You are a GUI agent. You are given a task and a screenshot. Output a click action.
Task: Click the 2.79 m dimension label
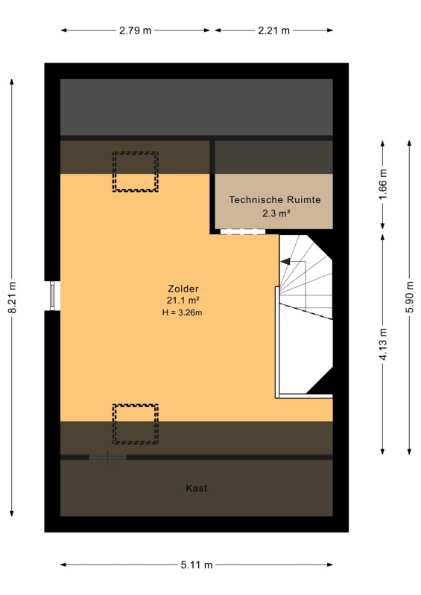tap(135, 30)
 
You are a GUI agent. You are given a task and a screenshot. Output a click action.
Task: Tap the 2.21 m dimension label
tap(273, 30)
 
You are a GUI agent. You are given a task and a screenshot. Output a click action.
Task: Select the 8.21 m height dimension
tap(13, 297)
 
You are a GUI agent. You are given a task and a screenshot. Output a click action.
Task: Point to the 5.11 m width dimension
tap(197, 565)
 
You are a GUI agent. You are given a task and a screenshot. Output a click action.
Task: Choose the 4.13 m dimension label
tap(383, 344)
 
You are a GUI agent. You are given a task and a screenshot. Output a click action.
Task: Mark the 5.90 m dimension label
tap(410, 297)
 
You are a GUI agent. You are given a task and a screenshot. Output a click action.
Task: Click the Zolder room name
tap(183, 289)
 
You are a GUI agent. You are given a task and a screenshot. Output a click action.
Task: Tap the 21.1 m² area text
tap(183, 300)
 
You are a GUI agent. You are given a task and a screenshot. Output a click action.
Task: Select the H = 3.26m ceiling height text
tap(182, 312)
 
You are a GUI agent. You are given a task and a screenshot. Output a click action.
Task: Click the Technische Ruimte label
tap(275, 199)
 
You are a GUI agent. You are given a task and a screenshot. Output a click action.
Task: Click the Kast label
tap(197, 488)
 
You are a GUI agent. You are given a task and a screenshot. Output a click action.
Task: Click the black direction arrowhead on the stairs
tap(285, 262)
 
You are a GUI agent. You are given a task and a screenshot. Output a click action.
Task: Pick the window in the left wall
tap(53, 295)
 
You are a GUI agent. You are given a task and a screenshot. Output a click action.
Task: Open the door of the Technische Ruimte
tap(243, 231)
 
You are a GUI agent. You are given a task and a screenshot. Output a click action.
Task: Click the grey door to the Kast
tap(107, 457)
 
